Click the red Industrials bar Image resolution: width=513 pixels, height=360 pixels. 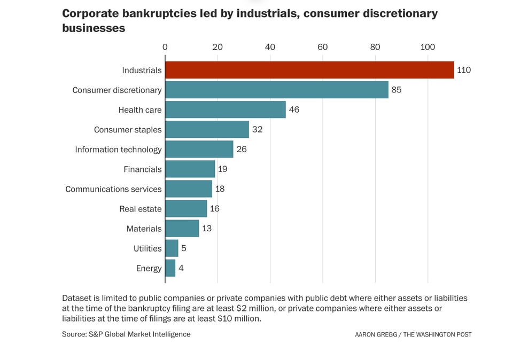point(309,70)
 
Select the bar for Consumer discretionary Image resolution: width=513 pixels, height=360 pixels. point(276,90)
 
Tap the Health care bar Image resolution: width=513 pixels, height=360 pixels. point(225,109)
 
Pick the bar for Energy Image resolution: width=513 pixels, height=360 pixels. point(170,268)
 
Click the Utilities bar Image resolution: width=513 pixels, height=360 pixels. point(172,248)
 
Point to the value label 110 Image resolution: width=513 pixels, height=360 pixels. point(464,70)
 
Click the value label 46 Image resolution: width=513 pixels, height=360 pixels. point(294,109)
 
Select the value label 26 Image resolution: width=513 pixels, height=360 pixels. point(242,149)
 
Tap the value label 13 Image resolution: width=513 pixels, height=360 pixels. point(207,229)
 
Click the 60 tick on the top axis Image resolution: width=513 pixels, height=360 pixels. point(322,47)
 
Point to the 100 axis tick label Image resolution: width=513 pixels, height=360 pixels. point(428,47)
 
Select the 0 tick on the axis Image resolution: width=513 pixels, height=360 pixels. point(165,47)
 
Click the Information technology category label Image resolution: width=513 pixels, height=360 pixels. point(118,150)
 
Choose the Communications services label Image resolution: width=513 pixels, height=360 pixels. point(113,189)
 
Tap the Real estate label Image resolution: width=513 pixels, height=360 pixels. point(140,209)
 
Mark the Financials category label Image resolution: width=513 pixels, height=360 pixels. point(142,169)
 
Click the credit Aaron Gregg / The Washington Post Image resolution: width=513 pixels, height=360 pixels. point(413,334)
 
